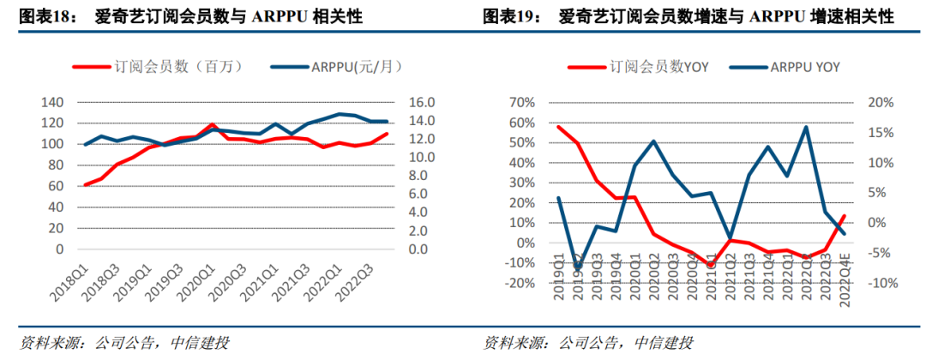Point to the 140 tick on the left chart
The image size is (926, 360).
(52, 102)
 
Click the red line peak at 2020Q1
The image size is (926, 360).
(212, 125)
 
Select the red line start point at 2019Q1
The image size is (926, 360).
(558, 127)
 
